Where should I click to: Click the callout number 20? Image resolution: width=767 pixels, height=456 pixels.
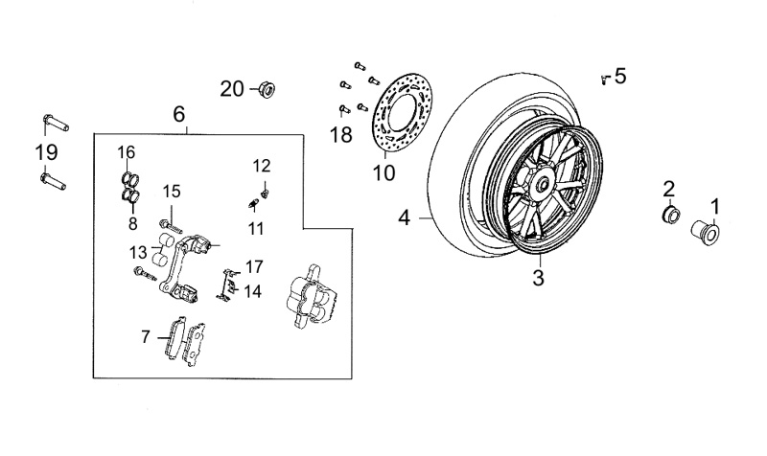coord(232,89)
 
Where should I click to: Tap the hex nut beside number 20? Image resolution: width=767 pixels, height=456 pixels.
coord(266,90)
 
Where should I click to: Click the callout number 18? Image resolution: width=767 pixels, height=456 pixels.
coord(341,135)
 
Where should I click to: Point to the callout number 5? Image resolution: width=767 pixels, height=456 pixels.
coord(620,76)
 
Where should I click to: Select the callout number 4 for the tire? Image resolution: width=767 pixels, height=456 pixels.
coord(404,218)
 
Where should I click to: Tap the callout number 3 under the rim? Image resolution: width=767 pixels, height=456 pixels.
coord(538,279)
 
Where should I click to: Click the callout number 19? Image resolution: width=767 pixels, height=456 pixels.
coord(46,151)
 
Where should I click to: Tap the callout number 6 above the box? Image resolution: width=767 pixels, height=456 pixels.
coord(179,114)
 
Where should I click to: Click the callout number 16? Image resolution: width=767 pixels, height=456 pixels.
coord(128,152)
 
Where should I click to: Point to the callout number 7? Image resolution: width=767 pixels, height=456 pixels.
coord(146,336)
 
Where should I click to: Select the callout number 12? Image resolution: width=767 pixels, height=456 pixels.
coord(262,165)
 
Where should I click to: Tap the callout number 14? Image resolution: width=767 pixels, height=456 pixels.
coord(252,291)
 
